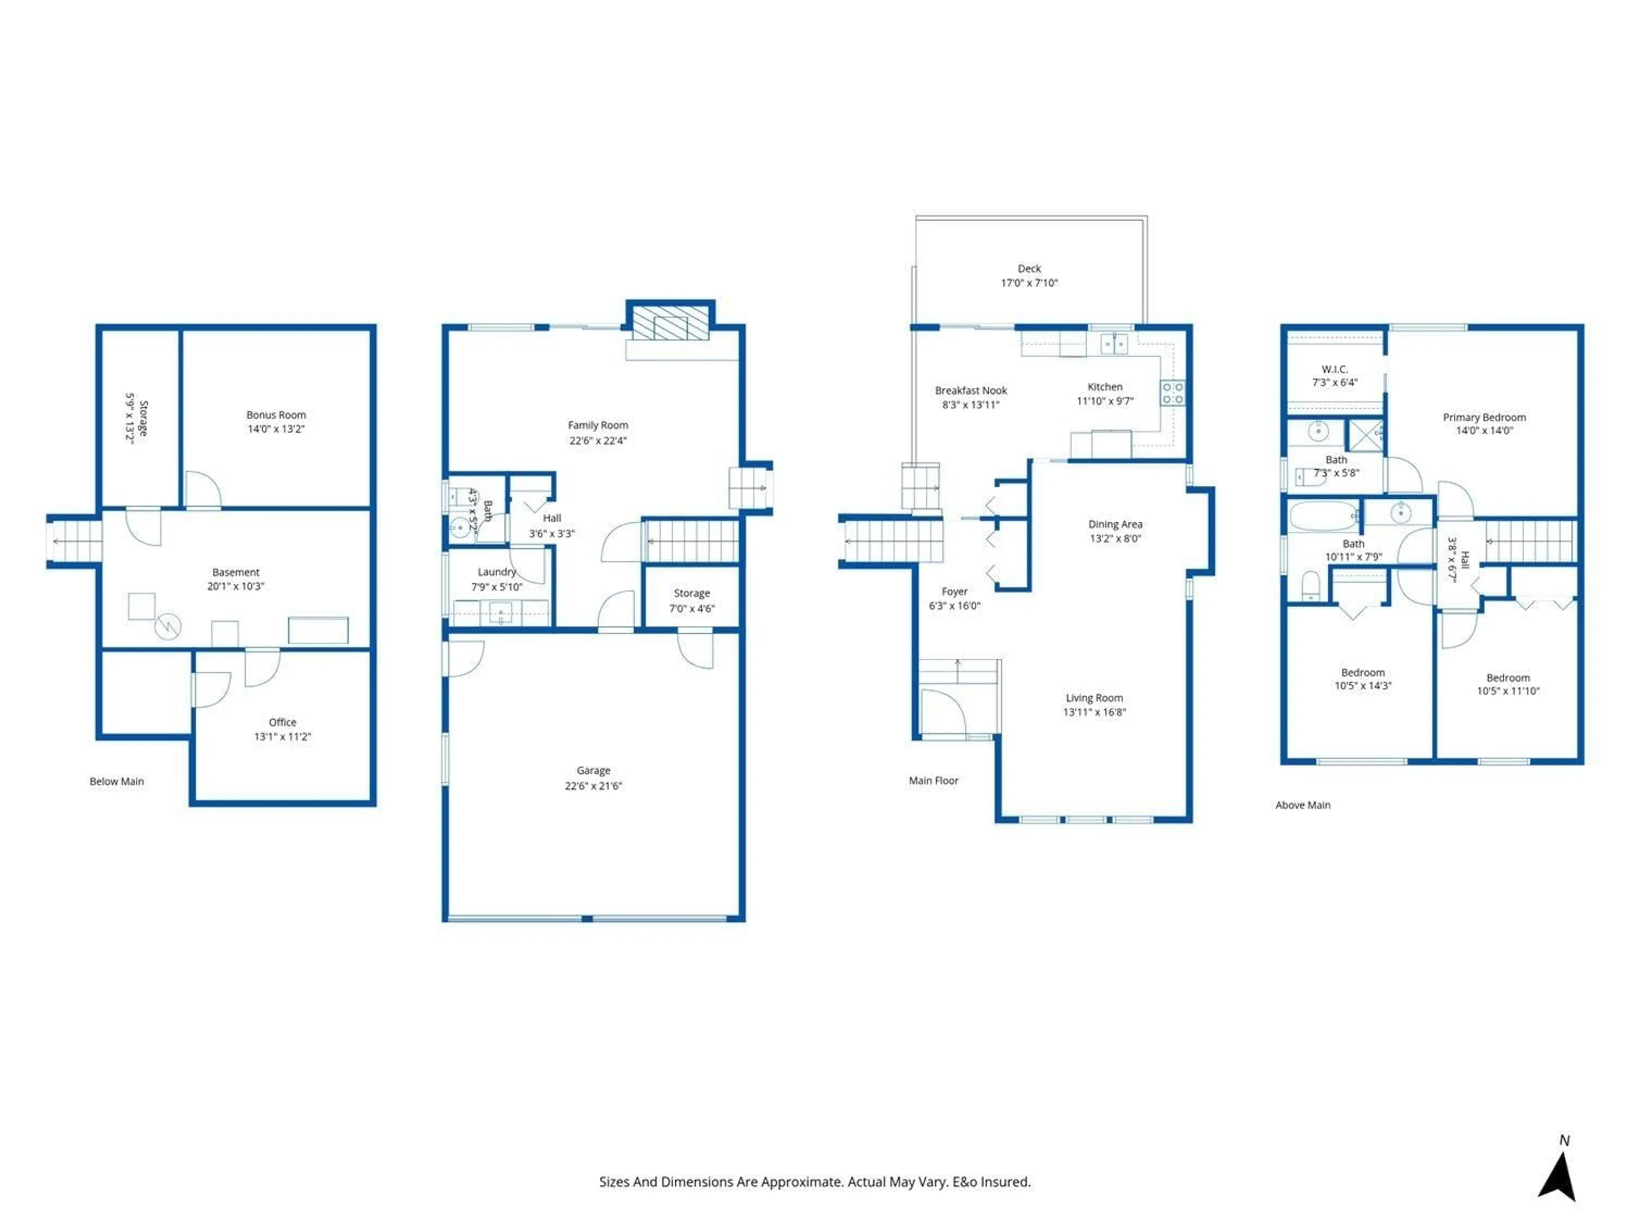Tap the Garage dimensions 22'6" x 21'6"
(593, 786)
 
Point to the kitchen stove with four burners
(1172, 393)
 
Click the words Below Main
(116, 781)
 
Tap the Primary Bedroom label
(1484, 417)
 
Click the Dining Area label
(1115, 524)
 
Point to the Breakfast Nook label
(970, 391)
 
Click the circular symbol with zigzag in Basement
(168, 627)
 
